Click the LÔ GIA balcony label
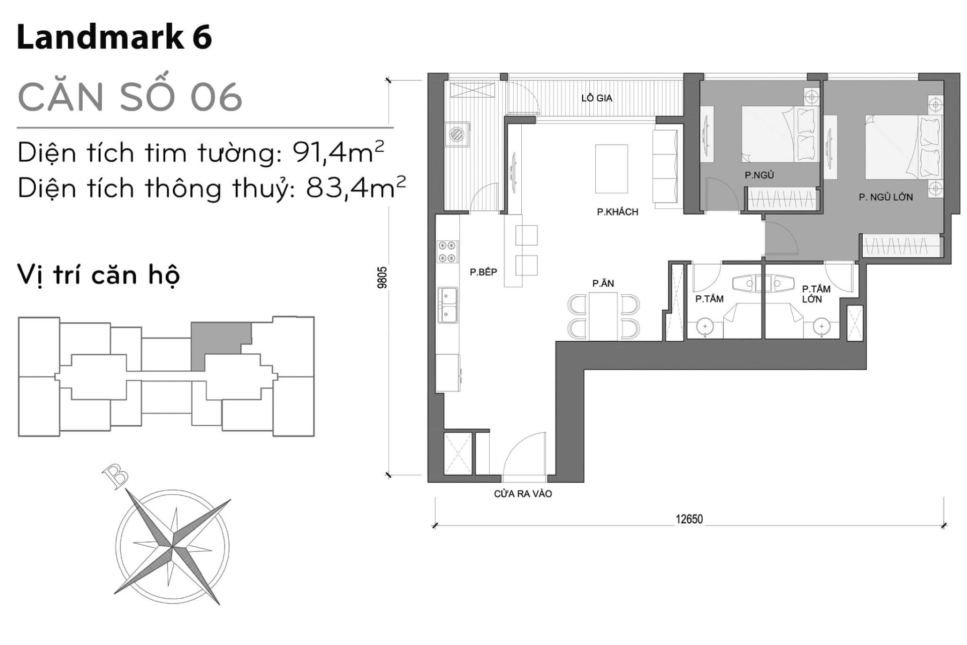point(596,98)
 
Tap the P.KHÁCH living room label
point(617,212)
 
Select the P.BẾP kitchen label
point(483,272)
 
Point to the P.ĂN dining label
point(603,283)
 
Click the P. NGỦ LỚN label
point(886,197)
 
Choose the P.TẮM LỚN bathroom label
point(816,294)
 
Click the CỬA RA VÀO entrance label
point(523,494)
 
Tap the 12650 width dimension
point(689,519)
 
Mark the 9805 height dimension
point(382,277)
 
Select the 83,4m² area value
point(356,187)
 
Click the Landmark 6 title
point(114,37)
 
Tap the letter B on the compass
point(115,476)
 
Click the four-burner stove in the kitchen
point(447,252)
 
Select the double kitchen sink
point(447,305)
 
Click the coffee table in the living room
point(611,169)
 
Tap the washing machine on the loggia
point(457,134)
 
